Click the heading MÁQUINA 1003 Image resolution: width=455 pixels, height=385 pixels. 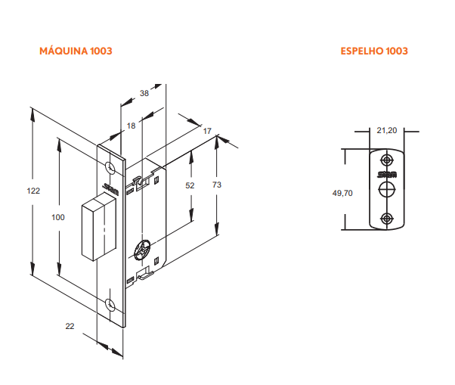[x=76, y=51]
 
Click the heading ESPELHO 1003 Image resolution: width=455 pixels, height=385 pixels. [x=374, y=51]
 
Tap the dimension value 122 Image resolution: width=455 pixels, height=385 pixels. [x=33, y=191]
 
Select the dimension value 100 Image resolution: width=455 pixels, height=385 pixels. [x=58, y=217]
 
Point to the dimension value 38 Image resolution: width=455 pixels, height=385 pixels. [x=144, y=93]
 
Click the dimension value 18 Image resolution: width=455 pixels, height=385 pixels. [x=132, y=126]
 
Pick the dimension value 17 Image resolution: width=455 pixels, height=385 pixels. [x=207, y=132]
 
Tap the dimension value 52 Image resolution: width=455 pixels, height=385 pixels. [x=190, y=185]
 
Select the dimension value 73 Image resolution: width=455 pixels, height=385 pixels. [x=217, y=185]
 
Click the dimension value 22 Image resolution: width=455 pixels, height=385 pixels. [x=70, y=326]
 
